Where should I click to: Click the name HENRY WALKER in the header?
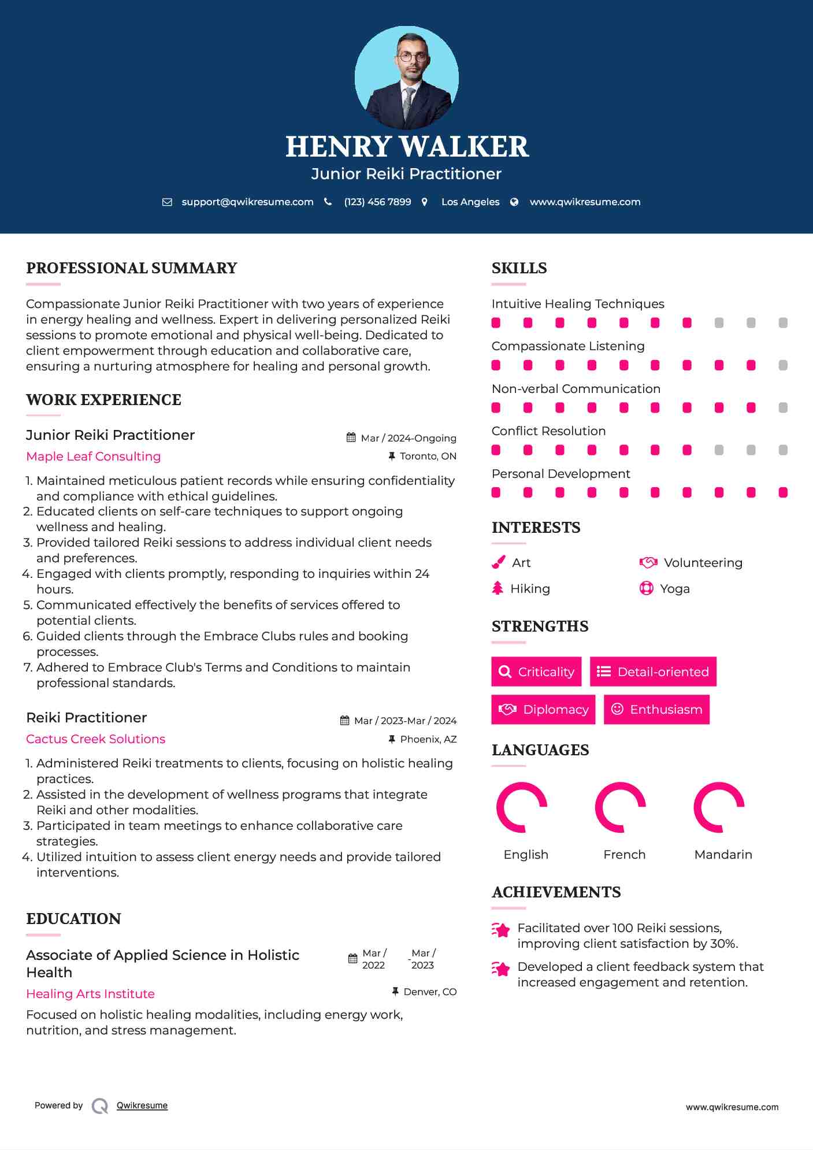[407, 147]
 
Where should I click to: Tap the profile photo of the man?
[407, 78]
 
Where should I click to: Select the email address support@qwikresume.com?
[247, 202]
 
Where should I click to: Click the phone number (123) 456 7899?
[377, 202]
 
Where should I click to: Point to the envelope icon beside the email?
[167, 202]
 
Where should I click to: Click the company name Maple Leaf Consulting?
[94, 457]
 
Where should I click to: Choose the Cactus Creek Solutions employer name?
[96, 739]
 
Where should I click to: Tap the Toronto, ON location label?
[428, 457]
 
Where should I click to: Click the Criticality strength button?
[536, 672]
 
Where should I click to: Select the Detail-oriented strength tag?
[653, 672]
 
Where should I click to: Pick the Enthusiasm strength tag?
[656, 710]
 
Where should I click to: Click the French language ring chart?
[621, 807]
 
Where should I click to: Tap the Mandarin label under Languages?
[723, 855]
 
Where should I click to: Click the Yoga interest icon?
[646, 588]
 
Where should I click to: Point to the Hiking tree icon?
[498, 588]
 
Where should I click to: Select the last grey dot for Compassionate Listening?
[783, 365]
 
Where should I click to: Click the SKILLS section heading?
[519, 268]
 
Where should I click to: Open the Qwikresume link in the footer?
[142, 1106]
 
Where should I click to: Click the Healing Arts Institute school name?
[91, 994]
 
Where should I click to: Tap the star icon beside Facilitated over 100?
[501, 930]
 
